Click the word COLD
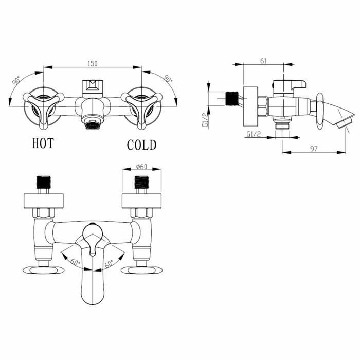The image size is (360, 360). pos(141,145)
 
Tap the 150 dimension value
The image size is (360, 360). pos(93,63)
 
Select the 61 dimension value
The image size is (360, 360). pos(263,61)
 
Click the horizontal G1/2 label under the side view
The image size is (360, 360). pos(253,135)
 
